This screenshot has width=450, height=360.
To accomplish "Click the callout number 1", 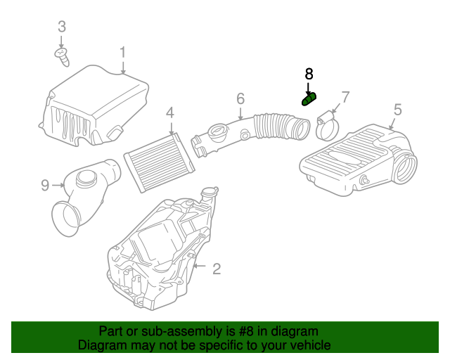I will (x=122, y=52).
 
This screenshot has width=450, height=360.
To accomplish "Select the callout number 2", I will (x=217, y=267).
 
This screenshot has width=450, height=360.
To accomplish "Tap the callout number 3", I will (x=62, y=27).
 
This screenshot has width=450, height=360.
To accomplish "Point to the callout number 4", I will (x=170, y=112).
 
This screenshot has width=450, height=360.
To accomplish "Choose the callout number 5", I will (x=397, y=109).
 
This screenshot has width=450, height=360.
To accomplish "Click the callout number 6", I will (x=240, y=98).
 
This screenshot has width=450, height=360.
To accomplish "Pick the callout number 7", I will (x=345, y=96).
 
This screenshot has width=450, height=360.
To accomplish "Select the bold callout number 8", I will (x=309, y=74).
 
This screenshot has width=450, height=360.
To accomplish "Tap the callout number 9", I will (x=45, y=185).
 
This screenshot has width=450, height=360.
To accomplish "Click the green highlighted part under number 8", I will (x=309, y=99).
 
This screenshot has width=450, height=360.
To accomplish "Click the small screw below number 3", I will (x=62, y=56).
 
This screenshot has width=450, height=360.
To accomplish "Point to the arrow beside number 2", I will (x=199, y=266).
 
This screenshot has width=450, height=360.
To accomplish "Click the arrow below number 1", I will (x=122, y=67).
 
